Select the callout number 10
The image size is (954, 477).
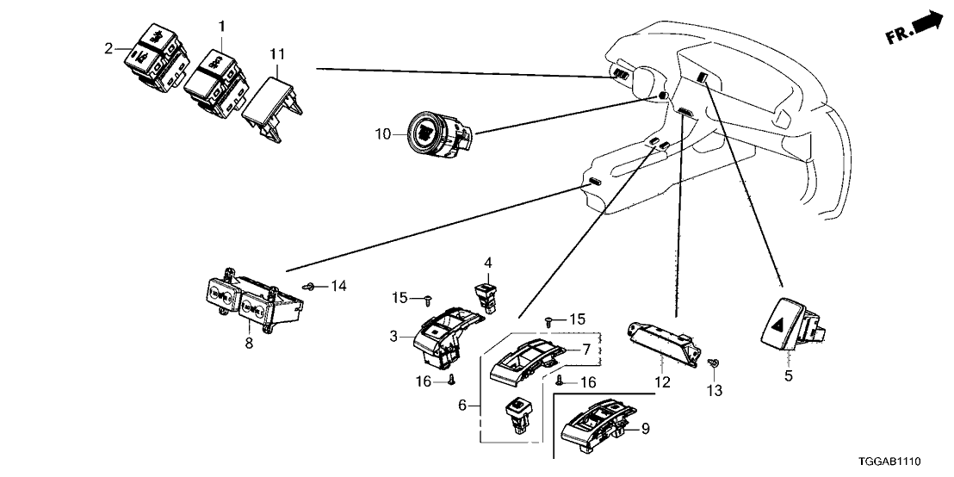(383, 134)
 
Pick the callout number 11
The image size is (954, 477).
(276, 54)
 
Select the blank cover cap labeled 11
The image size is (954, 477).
(272, 104)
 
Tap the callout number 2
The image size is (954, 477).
(109, 48)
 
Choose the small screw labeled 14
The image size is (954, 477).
(309, 285)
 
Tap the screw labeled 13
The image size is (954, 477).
(713, 366)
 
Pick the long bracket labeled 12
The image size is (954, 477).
(663, 345)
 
